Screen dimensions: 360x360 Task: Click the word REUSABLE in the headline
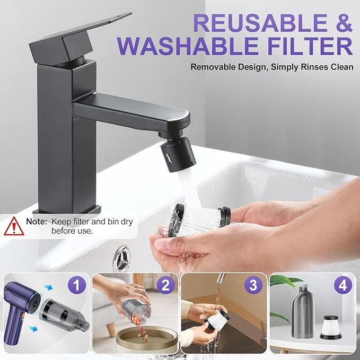(260, 23)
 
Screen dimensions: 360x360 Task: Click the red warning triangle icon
(14, 226)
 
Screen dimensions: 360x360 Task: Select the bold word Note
(37, 222)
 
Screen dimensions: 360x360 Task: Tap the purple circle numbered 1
(77, 285)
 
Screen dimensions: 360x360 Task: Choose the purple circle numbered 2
(166, 285)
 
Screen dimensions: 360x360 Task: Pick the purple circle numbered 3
(253, 285)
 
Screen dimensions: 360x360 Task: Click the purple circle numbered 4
(343, 285)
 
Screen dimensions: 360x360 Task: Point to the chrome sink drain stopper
(121, 256)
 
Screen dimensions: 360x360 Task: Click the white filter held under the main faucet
(199, 219)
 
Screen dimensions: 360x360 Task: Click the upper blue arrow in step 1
(48, 287)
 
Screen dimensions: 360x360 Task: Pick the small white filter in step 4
(331, 327)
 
